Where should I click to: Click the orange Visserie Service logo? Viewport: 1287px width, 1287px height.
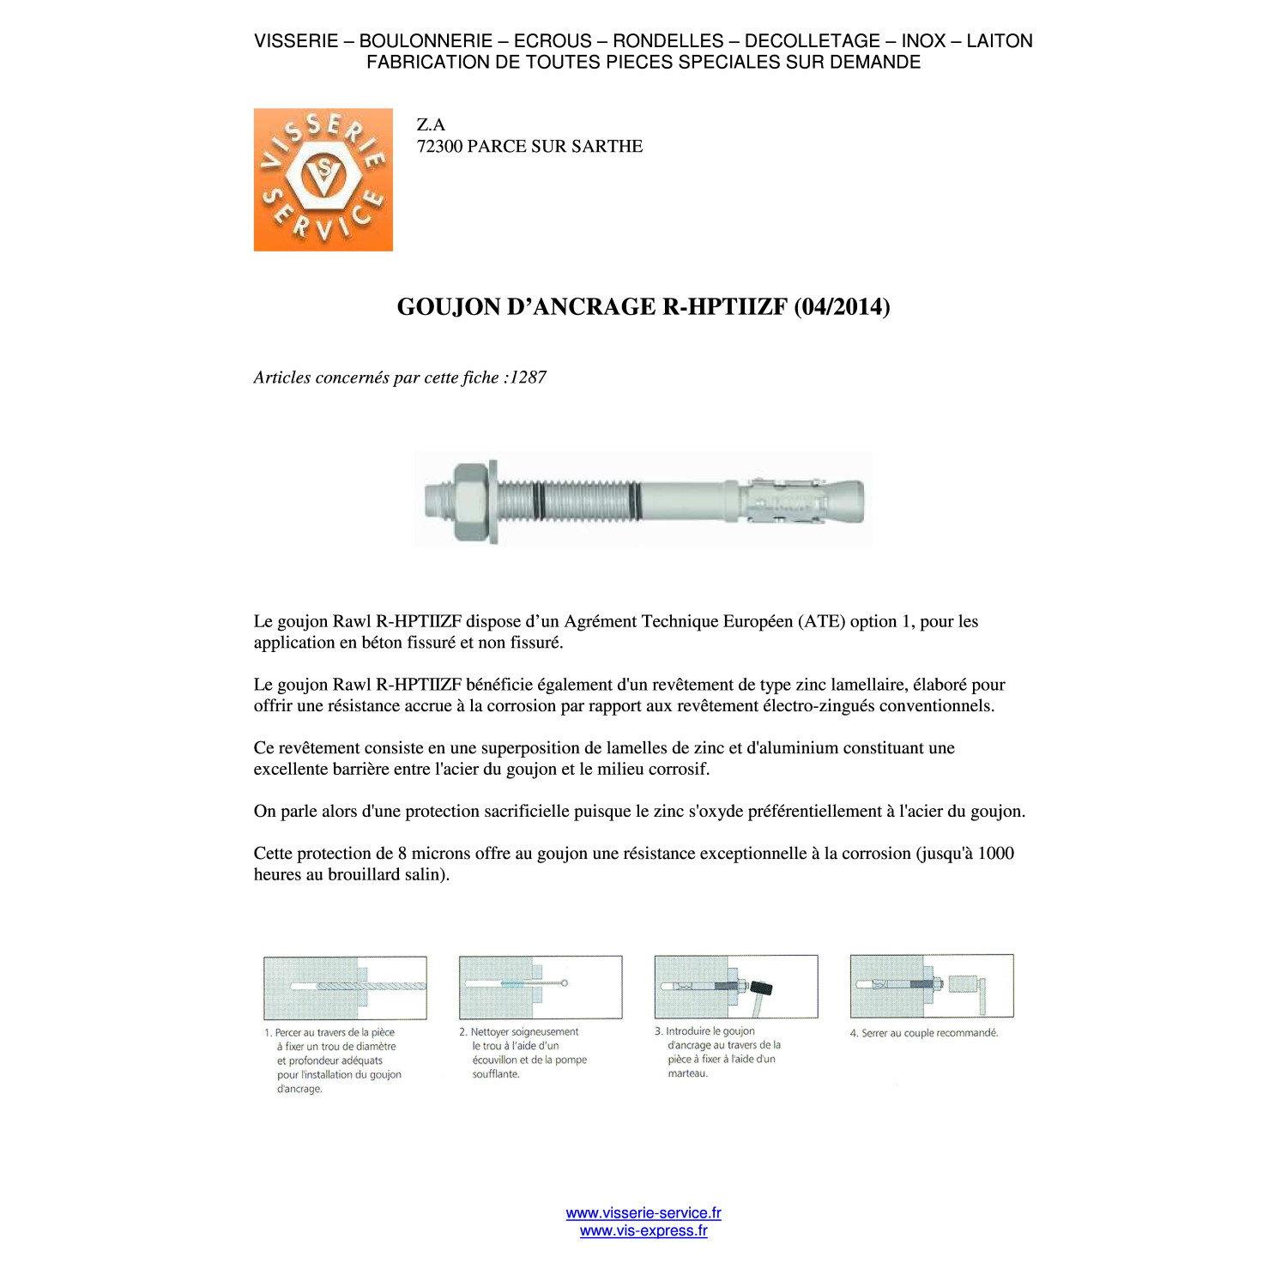pyautogui.click(x=323, y=179)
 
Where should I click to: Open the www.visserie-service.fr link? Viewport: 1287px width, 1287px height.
pyautogui.click(x=643, y=1212)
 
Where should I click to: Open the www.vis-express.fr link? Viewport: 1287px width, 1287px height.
pyautogui.click(x=643, y=1230)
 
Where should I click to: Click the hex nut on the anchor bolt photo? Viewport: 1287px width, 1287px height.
pyautogui.click(x=469, y=502)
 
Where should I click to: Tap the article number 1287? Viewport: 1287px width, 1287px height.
pyautogui.click(x=529, y=378)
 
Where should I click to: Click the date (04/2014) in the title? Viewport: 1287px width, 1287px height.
pyautogui.click(x=842, y=307)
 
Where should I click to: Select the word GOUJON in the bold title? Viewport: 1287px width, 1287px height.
pyautogui.click(x=449, y=307)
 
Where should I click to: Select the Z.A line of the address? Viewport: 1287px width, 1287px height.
pyautogui.click(x=431, y=124)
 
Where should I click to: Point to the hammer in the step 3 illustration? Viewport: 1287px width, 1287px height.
pyautogui.click(x=759, y=994)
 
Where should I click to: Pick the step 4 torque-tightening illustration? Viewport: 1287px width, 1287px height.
pyautogui.click(x=932, y=986)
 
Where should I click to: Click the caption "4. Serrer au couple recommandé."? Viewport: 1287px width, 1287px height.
pyautogui.click(x=924, y=1033)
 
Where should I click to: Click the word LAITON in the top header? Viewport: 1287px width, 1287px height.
pyautogui.click(x=1000, y=41)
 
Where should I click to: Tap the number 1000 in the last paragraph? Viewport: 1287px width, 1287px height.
pyautogui.click(x=996, y=853)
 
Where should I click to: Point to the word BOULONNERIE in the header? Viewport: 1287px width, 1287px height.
pyautogui.click(x=426, y=41)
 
